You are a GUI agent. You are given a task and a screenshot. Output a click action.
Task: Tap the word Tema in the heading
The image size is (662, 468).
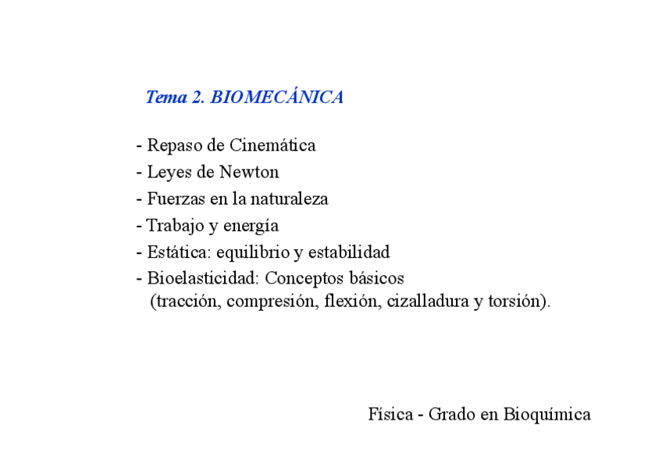pyautogui.click(x=165, y=98)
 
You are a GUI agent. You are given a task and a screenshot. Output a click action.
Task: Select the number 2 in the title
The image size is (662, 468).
pyautogui.click(x=197, y=98)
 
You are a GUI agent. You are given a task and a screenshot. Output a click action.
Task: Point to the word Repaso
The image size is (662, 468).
pyautogui.click(x=174, y=145)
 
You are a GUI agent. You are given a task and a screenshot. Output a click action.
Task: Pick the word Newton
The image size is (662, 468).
pyautogui.click(x=249, y=172)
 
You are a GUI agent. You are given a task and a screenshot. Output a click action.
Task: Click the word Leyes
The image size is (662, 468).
pyautogui.click(x=169, y=172)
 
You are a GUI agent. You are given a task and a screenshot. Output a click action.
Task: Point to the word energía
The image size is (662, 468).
pyautogui.click(x=251, y=227)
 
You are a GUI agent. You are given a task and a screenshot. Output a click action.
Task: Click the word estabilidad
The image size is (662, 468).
pyautogui.click(x=349, y=252)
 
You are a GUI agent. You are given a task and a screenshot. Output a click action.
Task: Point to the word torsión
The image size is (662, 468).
pyautogui.click(x=516, y=302)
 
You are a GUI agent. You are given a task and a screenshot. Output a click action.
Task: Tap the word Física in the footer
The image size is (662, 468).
pyautogui.click(x=390, y=414)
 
